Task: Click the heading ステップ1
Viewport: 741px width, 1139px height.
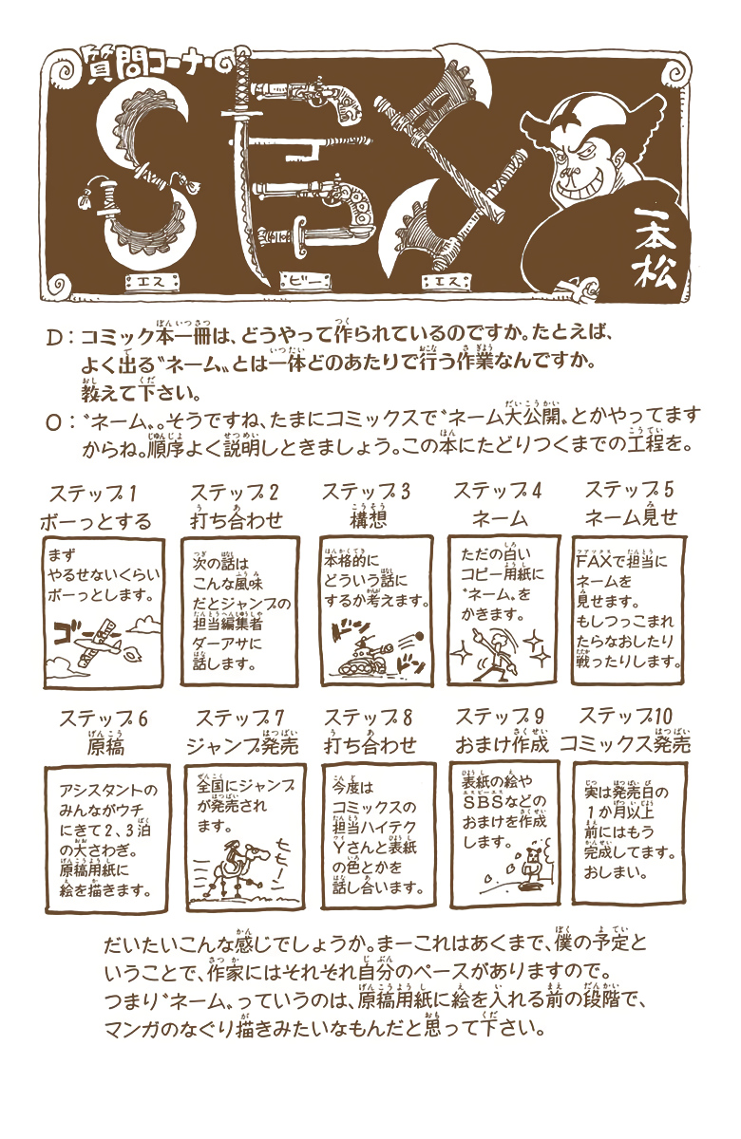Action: pyautogui.click(x=94, y=494)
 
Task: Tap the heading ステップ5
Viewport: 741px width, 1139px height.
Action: pyautogui.click(x=629, y=490)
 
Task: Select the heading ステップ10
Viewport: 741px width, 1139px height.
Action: pyautogui.click(x=625, y=716)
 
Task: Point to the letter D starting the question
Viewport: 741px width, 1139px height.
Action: pyautogui.click(x=54, y=338)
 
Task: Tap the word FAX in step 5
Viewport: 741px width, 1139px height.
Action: pyautogui.click(x=594, y=561)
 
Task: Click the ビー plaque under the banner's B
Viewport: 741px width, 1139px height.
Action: pyautogui.click(x=305, y=281)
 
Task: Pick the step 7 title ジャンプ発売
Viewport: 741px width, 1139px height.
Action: pyautogui.click(x=242, y=746)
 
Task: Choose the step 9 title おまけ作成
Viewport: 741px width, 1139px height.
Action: pyautogui.click(x=502, y=744)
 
